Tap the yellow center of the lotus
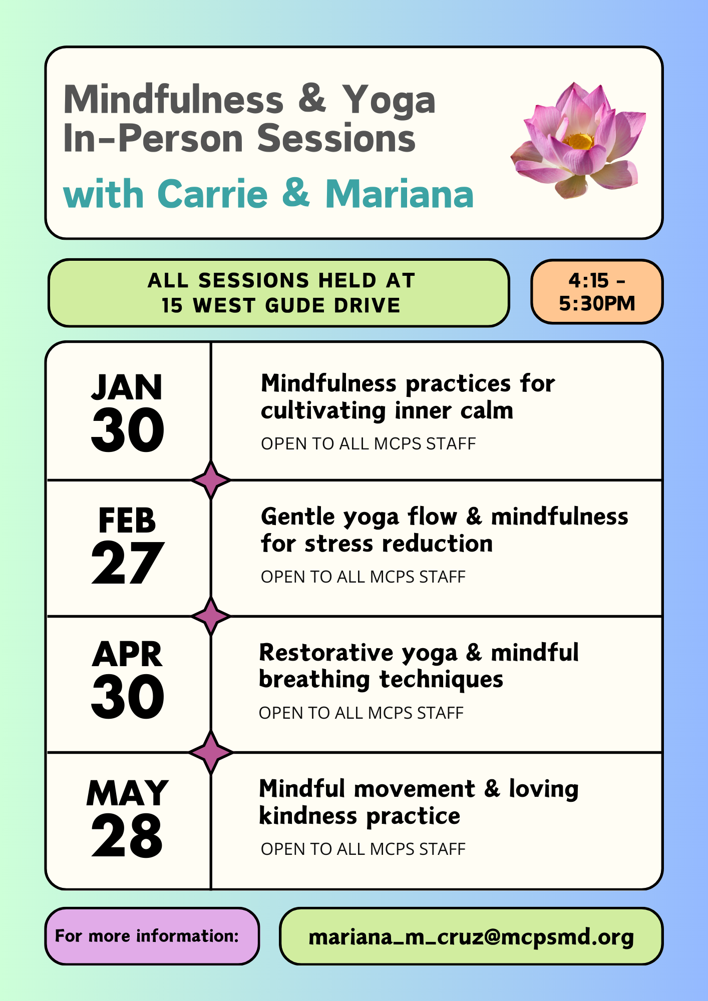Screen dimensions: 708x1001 (581, 141)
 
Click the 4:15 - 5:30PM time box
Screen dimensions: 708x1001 (597, 292)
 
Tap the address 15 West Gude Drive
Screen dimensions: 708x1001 (281, 305)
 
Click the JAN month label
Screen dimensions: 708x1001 (127, 387)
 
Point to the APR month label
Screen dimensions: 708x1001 (127, 654)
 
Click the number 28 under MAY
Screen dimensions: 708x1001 (127, 835)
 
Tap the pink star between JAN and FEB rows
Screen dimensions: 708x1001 (211, 480)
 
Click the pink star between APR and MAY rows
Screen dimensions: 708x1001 (211, 752)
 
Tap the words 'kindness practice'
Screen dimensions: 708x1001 (360, 816)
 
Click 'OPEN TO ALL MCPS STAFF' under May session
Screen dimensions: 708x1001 (363, 849)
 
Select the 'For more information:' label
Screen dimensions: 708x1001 (147, 936)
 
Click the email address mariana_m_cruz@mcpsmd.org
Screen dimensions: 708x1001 (471, 937)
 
